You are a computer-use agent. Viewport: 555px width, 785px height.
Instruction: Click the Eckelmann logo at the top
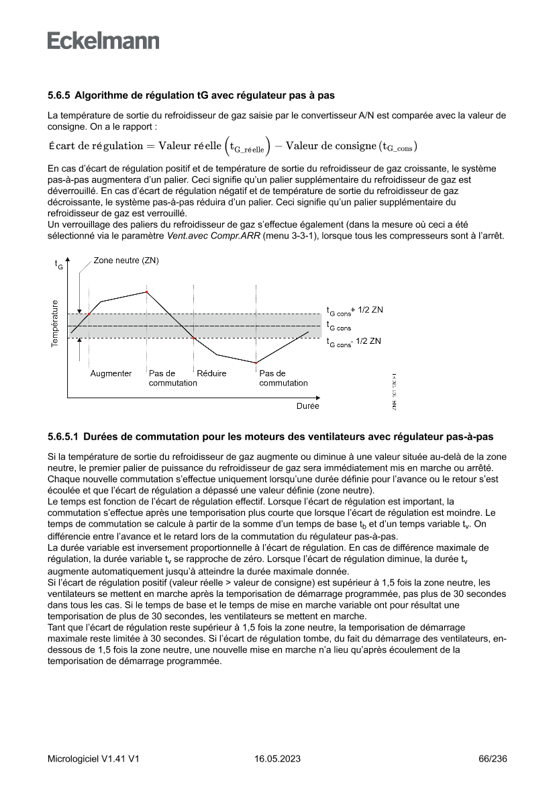point(103,41)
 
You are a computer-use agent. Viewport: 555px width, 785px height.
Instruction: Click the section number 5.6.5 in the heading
point(60,95)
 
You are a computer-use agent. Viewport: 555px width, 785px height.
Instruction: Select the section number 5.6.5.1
point(64,436)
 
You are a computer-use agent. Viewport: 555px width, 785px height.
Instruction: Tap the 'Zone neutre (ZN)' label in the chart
point(126,260)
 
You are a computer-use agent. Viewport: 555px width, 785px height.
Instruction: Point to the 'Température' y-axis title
point(54,324)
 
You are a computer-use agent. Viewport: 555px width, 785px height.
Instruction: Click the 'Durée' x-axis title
point(308,406)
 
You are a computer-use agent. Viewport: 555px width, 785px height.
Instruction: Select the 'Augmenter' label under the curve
point(111,373)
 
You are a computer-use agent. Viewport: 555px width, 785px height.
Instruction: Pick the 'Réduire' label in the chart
point(212,373)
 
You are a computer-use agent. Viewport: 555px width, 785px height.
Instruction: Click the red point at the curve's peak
point(147,291)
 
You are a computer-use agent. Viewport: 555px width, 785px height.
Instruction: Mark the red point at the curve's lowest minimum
point(256,363)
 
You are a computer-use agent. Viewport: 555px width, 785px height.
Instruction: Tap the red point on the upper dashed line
point(89,314)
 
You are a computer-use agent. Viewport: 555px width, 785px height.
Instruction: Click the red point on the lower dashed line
point(194,338)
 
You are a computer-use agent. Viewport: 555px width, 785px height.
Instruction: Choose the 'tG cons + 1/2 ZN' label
point(354,311)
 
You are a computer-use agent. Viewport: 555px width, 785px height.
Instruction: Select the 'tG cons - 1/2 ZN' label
point(354,342)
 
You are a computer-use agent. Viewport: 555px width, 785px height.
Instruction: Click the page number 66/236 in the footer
point(493,759)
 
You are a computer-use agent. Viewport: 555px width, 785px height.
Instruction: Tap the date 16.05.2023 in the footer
point(277,759)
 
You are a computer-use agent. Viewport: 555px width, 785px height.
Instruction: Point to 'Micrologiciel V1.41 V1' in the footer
point(93,759)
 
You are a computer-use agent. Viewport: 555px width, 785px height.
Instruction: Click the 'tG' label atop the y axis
point(59,265)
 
